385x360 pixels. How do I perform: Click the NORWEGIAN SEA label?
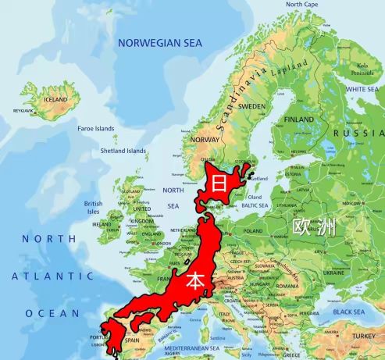(x=159, y=44)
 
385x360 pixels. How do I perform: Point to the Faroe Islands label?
(x=96, y=129)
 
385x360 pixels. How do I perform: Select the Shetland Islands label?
(x=123, y=151)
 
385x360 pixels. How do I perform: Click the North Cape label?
(x=301, y=5)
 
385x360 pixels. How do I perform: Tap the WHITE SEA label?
(x=362, y=90)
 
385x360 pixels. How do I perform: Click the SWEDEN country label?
(x=251, y=105)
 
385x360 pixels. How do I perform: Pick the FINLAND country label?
(x=298, y=119)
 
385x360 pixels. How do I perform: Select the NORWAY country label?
(x=205, y=140)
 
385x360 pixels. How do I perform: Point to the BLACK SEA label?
(x=349, y=312)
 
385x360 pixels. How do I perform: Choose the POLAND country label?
(x=253, y=231)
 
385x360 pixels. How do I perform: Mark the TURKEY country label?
(x=362, y=337)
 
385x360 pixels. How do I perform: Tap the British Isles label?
(x=94, y=207)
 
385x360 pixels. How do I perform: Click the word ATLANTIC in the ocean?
(x=53, y=276)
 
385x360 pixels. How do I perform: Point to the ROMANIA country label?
(x=287, y=286)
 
